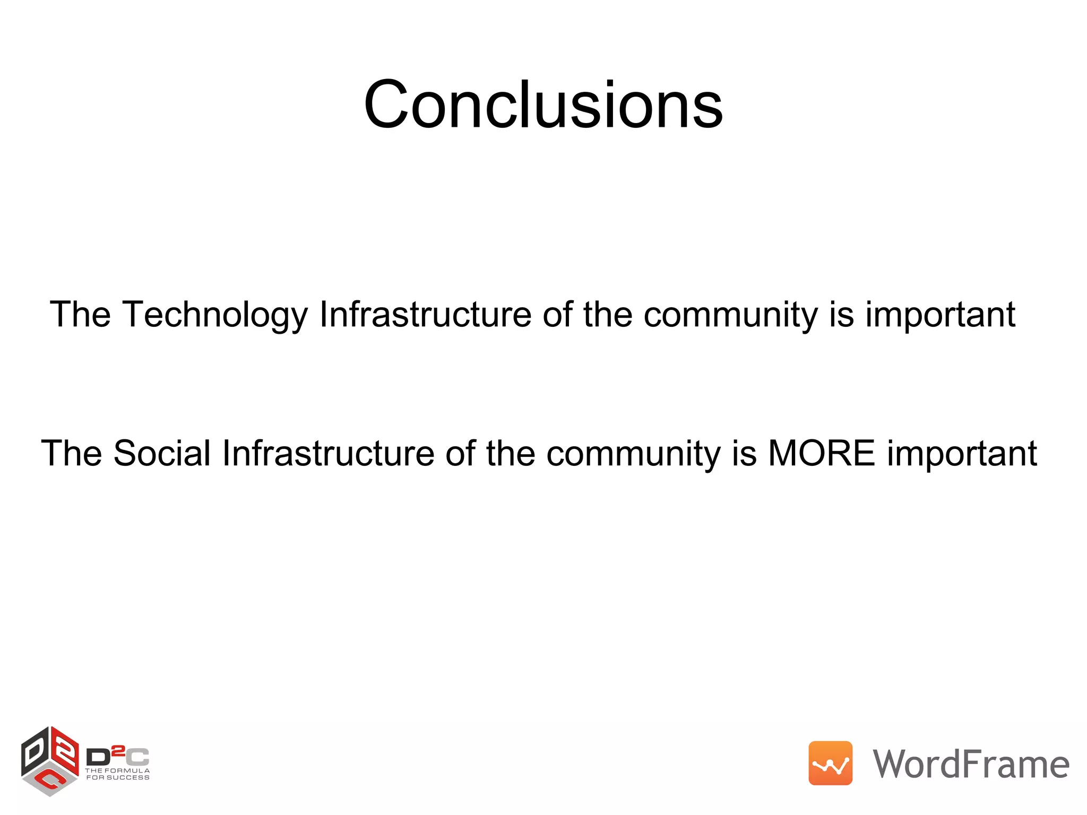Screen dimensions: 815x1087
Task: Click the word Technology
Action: click(215, 315)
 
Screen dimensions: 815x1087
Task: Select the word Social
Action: click(162, 454)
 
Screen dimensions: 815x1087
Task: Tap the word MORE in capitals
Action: click(821, 454)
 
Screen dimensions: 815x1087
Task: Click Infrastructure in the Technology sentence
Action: click(425, 315)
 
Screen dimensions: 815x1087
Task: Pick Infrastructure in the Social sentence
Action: click(328, 454)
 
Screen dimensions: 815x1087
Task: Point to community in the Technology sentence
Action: click(730, 315)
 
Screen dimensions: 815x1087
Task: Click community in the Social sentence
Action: click(633, 454)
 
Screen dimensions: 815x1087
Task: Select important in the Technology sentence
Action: click(941, 315)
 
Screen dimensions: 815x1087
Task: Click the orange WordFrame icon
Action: click(830, 763)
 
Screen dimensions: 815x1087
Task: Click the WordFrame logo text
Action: click(971, 764)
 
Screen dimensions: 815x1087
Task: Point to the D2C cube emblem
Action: click(50, 761)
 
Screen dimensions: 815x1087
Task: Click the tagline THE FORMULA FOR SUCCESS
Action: click(117, 774)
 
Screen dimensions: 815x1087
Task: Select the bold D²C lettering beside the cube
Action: click(117, 756)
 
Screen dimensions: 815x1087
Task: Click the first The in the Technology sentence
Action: click(80, 315)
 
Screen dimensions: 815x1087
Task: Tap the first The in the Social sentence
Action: click(71, 454)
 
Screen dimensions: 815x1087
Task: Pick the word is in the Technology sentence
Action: click(841, 315)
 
